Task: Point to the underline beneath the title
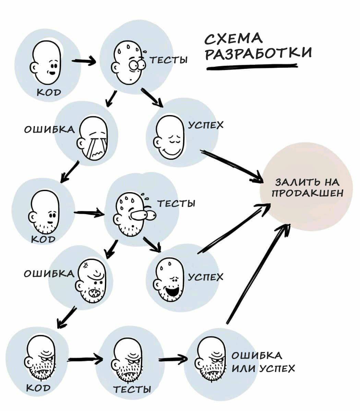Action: (x=252, y=68)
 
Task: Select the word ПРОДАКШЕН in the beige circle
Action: (x=308, y=194)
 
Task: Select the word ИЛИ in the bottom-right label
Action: (x=244, y=369)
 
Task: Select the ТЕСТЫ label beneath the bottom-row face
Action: (x=132, y=389)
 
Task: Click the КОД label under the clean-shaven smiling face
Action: (x=49, y=92)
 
